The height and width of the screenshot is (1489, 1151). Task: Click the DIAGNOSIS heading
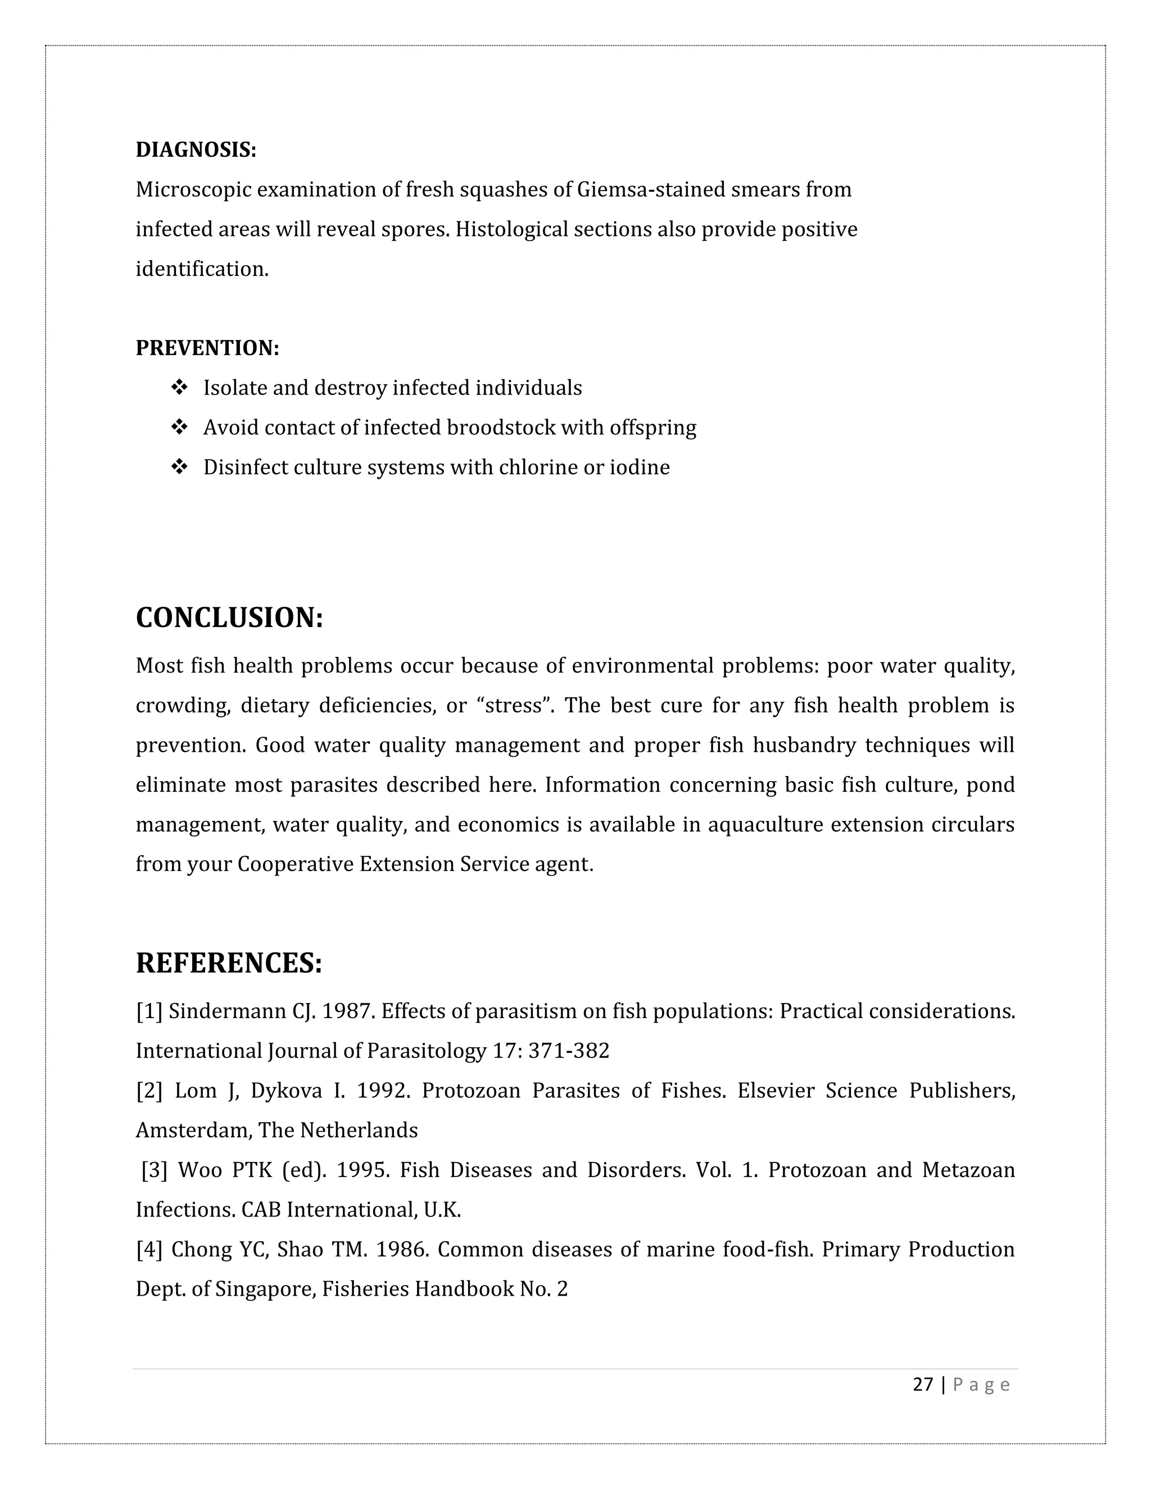tap(196, 150)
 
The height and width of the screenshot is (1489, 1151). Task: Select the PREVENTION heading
tap(207, 348)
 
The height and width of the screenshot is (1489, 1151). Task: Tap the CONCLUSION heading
tap(229, 618)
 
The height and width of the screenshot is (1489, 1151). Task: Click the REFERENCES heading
tap(228, 963)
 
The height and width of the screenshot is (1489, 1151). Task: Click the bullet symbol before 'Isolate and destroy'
tap(179, 388)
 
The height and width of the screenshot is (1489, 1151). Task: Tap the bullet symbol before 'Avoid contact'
tap(179, 428)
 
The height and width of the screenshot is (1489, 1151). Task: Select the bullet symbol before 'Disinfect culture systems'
tap(179, 467)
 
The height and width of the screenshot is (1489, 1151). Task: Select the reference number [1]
tap(148, 1011)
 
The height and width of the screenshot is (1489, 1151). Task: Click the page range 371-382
tap(569, 1051)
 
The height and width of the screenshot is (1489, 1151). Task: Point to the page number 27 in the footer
tap(923, 1384)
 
